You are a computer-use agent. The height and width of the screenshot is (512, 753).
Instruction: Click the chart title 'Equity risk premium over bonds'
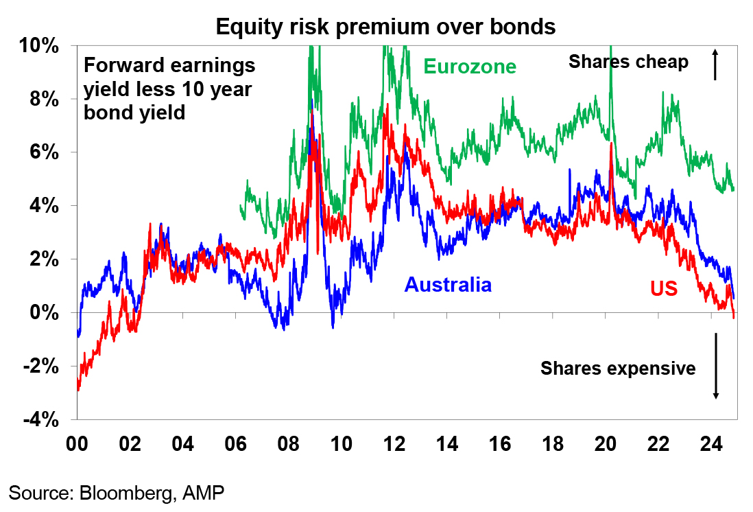(x=385, y=27)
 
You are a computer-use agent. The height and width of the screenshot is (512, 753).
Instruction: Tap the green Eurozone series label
(x=470, y=67)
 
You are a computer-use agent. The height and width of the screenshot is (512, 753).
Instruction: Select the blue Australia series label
(x=448, y=285)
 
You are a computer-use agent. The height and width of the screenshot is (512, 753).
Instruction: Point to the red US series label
(x=664, y=288)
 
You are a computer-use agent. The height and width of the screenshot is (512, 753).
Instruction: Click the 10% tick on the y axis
(x=39, y=46)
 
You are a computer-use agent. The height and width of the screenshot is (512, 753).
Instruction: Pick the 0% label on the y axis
(x=44, y=312)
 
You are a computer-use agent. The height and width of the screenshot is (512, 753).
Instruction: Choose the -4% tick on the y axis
(x=41, y=420)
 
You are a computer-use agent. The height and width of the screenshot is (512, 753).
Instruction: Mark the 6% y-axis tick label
(x=44, y=152)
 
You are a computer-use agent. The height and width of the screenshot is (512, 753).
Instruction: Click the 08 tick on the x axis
(x=288, y=444)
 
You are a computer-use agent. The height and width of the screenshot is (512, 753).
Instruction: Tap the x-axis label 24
(x=710, y=444)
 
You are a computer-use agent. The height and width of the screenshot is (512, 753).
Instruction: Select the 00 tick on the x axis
(x=77, y=444)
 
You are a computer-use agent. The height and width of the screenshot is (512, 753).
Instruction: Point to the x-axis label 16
(x=499, y=444)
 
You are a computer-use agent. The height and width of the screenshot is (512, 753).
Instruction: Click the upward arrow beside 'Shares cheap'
(x=715, y=64)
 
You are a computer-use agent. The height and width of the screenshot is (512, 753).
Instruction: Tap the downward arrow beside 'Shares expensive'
(x=715, y=366)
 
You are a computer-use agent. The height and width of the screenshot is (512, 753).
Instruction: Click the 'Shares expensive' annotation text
(x=618, y=369)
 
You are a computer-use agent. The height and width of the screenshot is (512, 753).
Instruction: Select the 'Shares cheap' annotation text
(x=628, y=62)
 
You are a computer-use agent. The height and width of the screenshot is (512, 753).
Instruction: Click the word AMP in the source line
(x=203, y=493)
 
